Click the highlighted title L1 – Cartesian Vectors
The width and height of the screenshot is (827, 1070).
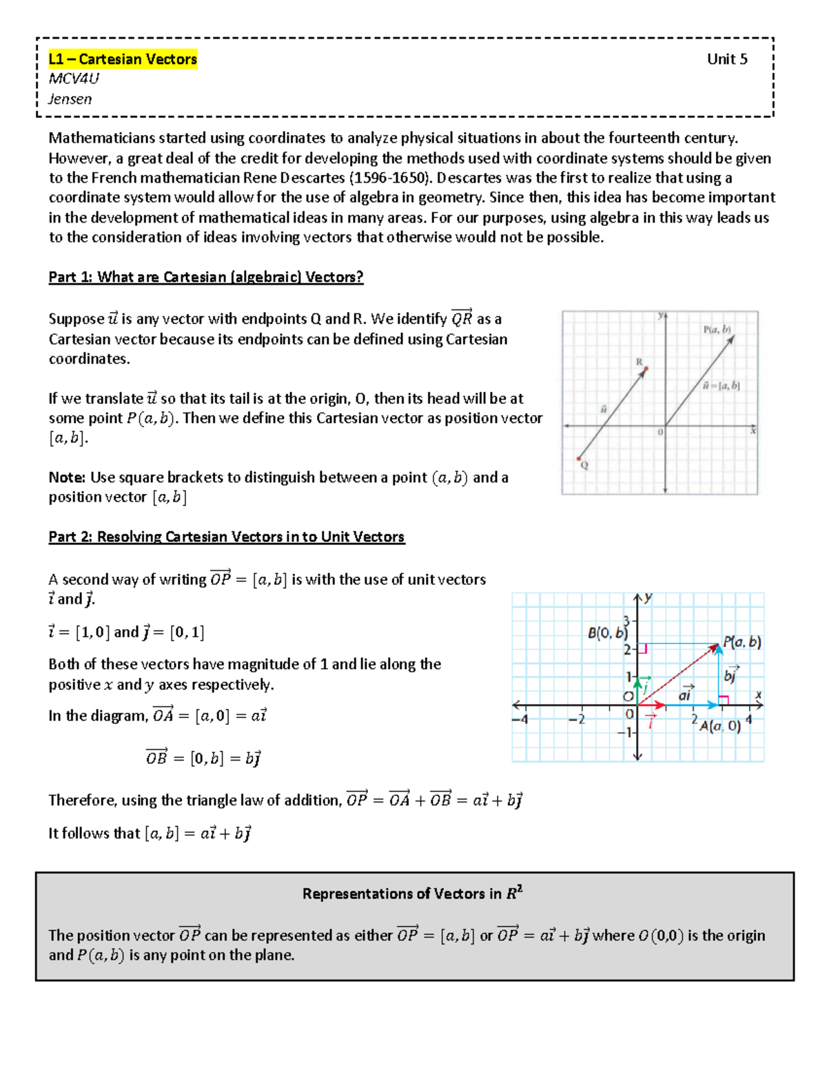pos(123,59)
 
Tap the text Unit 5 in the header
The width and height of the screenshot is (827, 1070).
pos(726,59)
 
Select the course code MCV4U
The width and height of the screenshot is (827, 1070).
pos(74,79)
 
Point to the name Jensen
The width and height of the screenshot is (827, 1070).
pos(70,99)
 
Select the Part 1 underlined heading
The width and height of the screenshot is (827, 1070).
pos(205,277)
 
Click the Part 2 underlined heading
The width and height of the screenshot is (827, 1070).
pos(226,537)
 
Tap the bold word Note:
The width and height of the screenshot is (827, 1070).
pos(67,477)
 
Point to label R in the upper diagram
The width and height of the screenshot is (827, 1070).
pos(639,362)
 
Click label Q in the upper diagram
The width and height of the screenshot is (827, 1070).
pos(584,466)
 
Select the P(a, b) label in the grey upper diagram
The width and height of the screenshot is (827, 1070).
pos(717,329)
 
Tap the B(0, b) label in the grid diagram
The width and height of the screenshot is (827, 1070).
pos(607,632)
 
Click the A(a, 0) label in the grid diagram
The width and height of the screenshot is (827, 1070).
pos(719,726)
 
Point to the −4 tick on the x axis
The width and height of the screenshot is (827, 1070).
pos(520,719)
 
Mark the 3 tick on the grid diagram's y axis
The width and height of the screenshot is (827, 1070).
pos(626,619)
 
